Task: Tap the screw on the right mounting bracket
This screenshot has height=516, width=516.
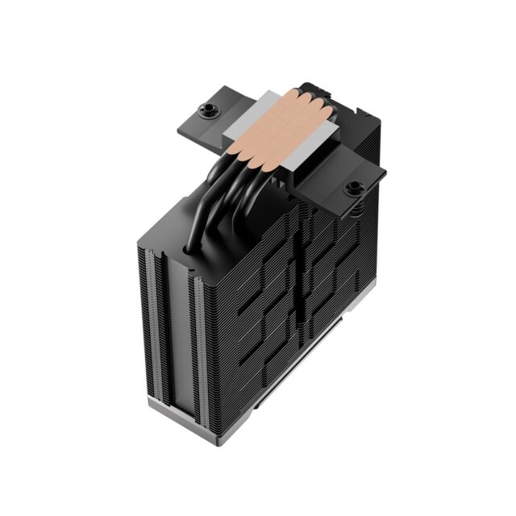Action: pyautogui.click(x=353, y=189)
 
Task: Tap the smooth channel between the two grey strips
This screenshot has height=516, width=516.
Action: pyautogui.click(x=171, y=335)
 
